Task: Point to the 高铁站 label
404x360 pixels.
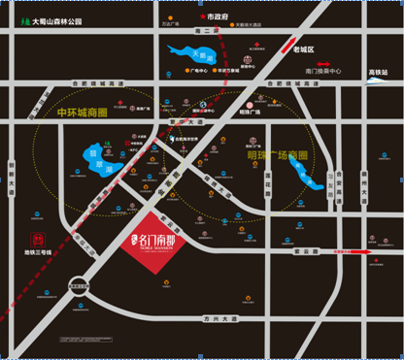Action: pos(378,71)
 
